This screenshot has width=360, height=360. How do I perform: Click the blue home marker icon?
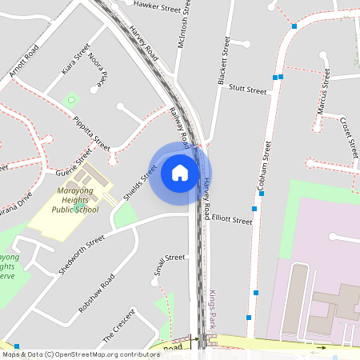[x=180, y=173]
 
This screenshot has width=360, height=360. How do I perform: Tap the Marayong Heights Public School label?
[x=75, y=201]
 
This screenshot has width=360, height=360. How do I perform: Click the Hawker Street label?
[x=158, y=6]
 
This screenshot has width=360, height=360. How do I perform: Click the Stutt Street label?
[x=247, y=90]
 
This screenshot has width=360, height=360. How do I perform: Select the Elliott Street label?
[x=232, y=220]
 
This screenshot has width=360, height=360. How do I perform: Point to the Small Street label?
[x=169, y=269]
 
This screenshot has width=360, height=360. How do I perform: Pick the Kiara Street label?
[x=76, y=64]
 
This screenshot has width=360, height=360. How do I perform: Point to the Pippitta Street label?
[x=91, y=134]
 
